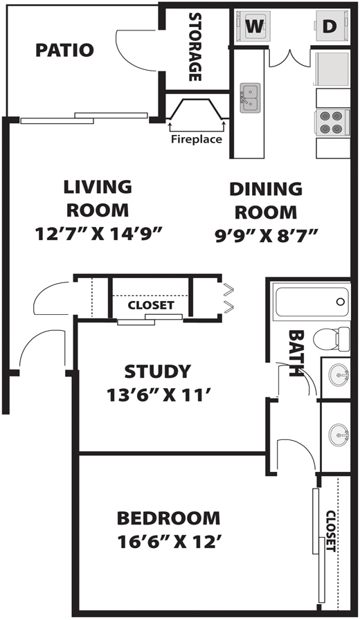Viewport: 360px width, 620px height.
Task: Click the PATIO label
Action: click(64, 51)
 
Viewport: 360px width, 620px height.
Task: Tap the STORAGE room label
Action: click(195, 46)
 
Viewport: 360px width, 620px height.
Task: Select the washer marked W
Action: click(254, 26)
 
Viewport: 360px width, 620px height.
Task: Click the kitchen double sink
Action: click(250, 98)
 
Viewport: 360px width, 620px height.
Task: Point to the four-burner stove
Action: click(332, 122)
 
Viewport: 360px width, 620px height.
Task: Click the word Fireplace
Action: click(197, 139)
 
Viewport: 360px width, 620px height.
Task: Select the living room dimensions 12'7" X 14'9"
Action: click(99, 234)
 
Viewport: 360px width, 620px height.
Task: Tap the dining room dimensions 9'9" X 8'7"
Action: click(267, 236)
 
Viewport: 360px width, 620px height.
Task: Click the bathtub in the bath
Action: click(312, 302)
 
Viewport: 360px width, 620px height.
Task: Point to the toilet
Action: click(332, 339)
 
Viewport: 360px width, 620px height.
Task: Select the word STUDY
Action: click(158, 372)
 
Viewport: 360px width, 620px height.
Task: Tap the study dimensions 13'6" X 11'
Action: click(158, 394)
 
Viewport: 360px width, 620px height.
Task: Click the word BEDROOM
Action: click(168, 518)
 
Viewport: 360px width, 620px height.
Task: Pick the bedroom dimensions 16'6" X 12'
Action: click(168, 542)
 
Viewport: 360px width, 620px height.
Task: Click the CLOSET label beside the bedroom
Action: click(331, 531)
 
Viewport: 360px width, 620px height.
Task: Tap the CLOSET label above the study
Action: click(151, 305)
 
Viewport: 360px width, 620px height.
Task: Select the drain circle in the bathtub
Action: click(340, 302)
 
